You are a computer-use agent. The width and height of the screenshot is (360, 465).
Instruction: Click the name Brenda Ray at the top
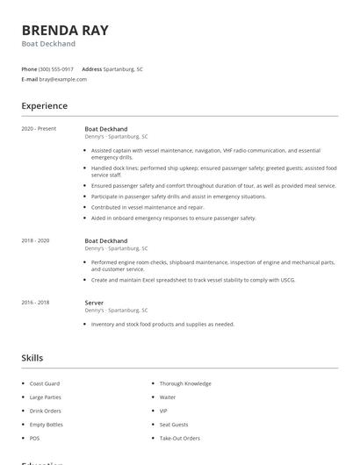65,30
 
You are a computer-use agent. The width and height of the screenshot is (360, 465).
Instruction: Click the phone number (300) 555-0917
56,68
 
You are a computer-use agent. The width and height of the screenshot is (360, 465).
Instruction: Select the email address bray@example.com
62,79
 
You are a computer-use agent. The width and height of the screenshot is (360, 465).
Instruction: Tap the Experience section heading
45,106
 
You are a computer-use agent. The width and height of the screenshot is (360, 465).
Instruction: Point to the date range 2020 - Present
39,128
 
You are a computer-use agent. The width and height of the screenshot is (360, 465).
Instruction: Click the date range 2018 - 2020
35,240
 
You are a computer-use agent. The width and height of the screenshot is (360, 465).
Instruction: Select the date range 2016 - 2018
35,303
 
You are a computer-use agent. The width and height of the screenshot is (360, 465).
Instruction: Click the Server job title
94,303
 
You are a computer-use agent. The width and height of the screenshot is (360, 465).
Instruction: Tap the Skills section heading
32,358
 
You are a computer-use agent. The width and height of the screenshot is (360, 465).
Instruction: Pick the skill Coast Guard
45,383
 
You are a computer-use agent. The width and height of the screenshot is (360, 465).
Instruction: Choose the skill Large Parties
46,397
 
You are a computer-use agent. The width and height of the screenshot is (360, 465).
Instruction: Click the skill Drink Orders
46,411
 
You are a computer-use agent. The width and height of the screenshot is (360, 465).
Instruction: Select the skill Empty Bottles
47,425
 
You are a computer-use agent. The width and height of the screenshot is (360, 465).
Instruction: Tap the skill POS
35,438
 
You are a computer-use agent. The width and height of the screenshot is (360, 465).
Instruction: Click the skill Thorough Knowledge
185,383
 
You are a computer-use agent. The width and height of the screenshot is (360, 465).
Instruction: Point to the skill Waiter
168,397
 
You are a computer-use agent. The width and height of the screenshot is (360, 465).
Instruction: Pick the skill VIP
163,411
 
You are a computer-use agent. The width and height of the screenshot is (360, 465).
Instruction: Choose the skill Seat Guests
175,425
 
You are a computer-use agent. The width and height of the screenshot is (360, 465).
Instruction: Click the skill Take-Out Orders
180,438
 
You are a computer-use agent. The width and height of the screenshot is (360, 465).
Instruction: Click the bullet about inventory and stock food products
162,324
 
